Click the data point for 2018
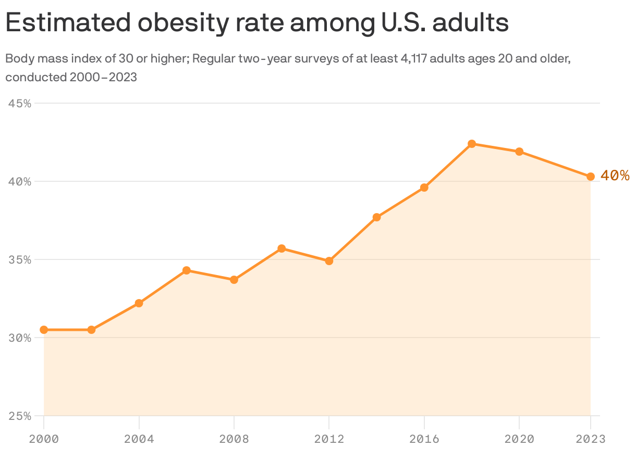coord(472,144)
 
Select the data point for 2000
coord(44,330)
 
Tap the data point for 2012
coord(329,261)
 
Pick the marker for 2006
coord(187,270)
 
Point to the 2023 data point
coord(591,177)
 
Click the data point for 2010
coord(282,249)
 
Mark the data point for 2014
coord(376,217)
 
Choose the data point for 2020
coord(519,152)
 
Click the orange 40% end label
coord(615,176)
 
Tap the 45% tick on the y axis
coord(20,104)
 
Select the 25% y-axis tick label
coord(20,416)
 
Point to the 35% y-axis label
coord(20,260)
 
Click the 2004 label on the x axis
coord(139,439)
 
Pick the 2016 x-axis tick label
coord(424,439)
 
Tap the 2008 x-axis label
coord(234,439)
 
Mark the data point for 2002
coord(91,330)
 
